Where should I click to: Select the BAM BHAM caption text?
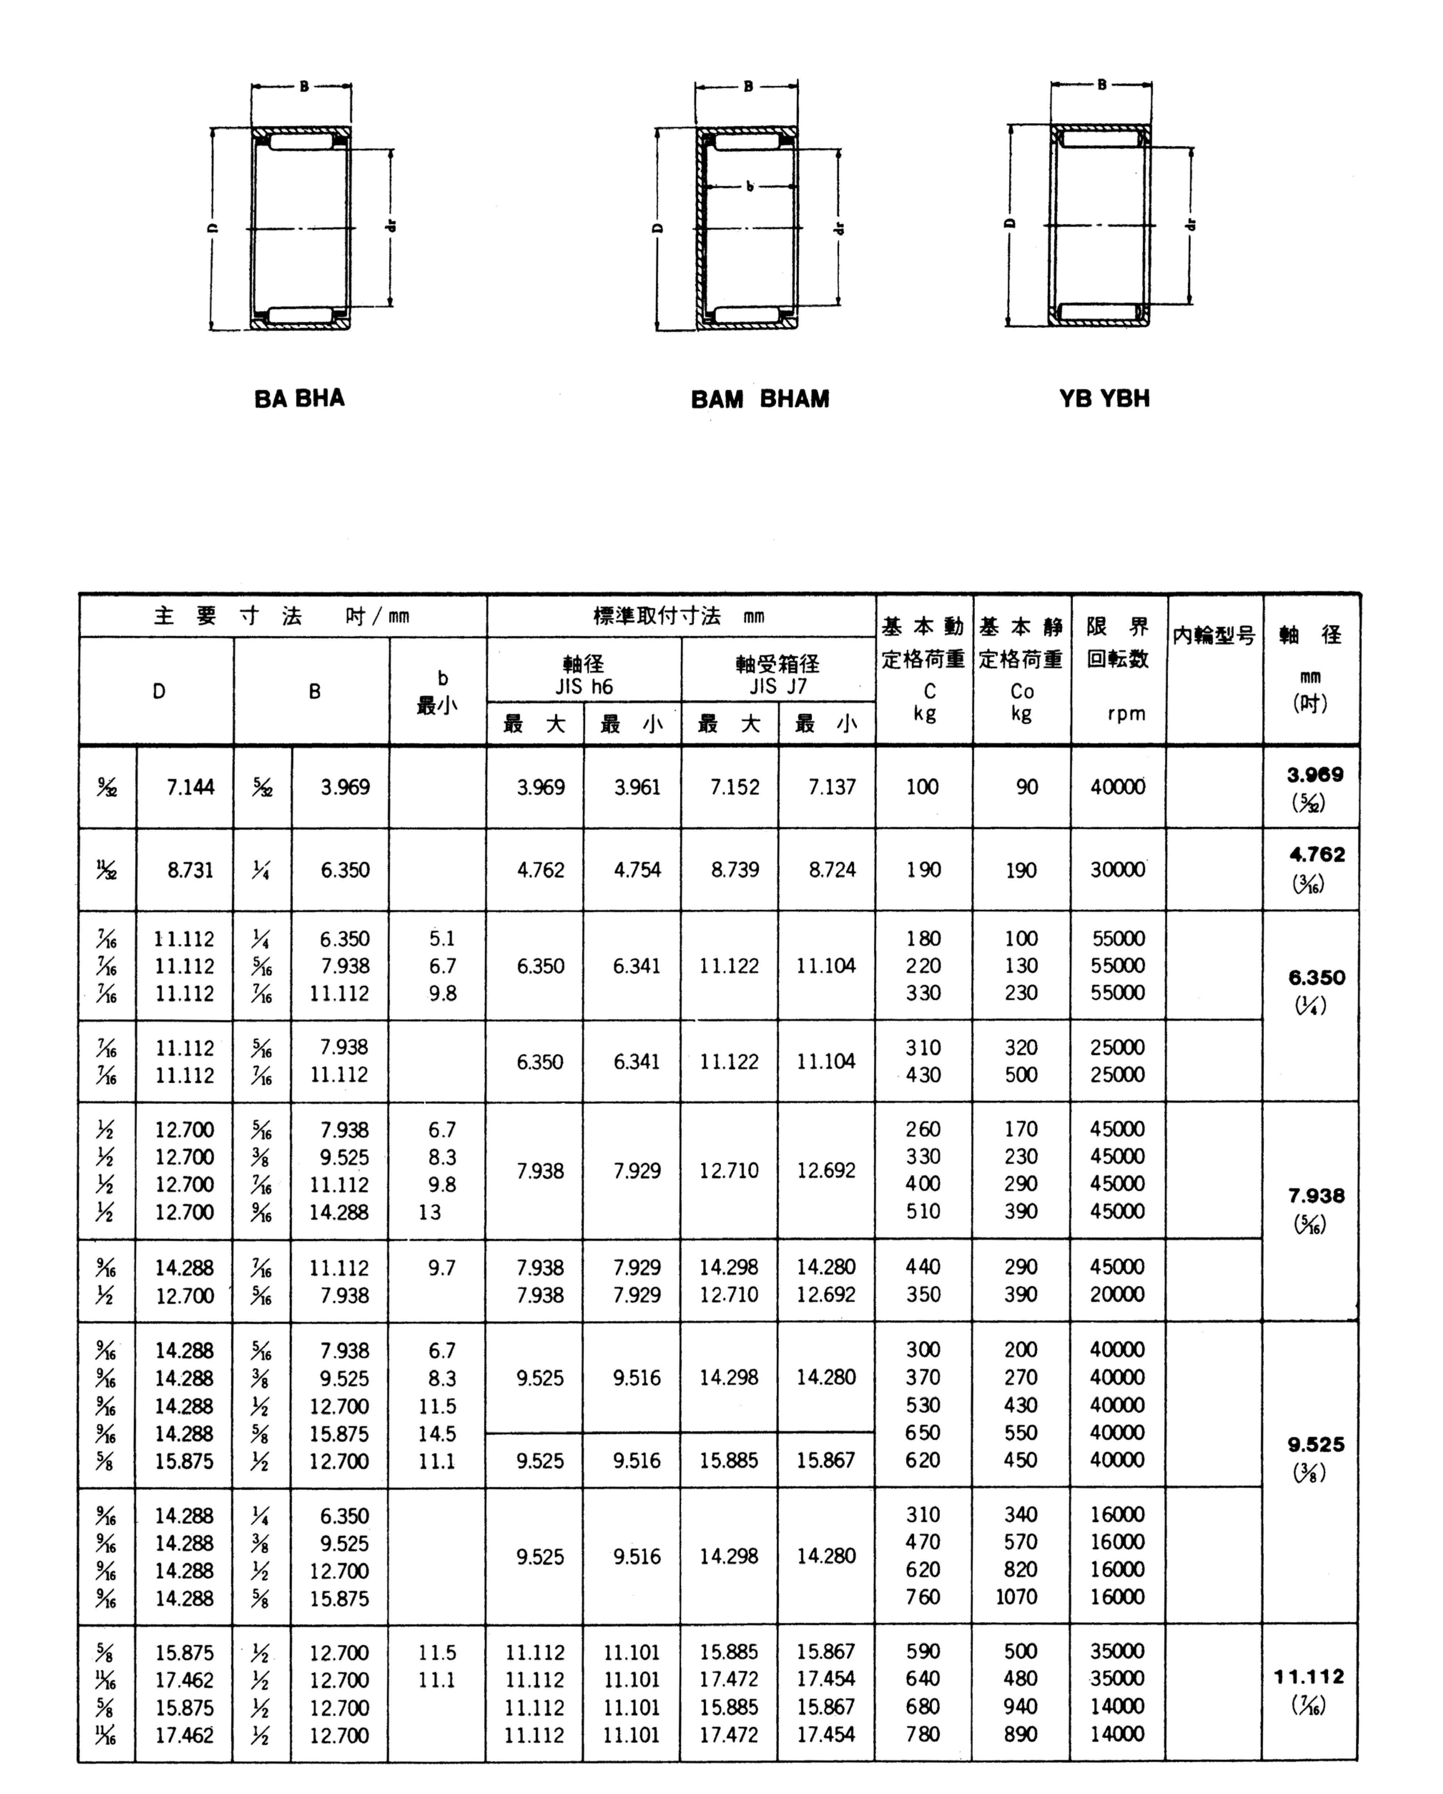pyautogui.click(x=760, y=399)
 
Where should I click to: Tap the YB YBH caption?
pyautogui.click(x=1104, y=399)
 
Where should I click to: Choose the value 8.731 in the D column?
pyautogui.click(x=191, y=870)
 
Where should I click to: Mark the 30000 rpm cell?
pyautogui.click(x=1118, y=870)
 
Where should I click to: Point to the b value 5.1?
pyautogui.click(x=442, y=939)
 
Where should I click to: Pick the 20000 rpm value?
pyautogui.click(x=1118, y=1295)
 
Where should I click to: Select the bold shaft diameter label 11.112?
pyautogui.click(x=1309, y=1677)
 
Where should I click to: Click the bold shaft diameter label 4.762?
pyautogui.click(x=1316, y=855)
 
